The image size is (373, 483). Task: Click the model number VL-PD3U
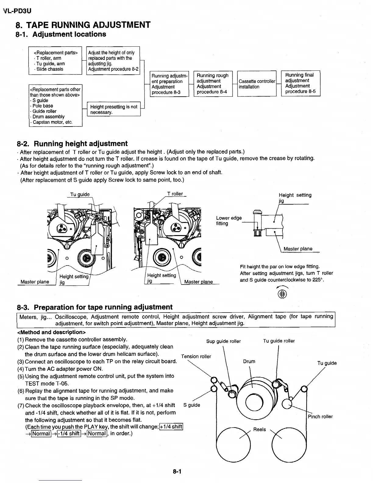tap(17, 11)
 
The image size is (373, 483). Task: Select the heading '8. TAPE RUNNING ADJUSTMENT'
tap(83, 25)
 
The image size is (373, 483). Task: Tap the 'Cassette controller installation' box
tap(257, 84)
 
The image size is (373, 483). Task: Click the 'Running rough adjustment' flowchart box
tap(213, 84)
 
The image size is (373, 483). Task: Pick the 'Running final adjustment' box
tap(300, 83)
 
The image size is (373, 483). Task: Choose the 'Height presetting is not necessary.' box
tap(114, 109)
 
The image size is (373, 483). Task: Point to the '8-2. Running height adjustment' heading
tap(72, 144)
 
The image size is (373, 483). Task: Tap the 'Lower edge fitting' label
tap(229, 220)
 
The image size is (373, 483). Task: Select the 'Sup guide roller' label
tap(223, 341)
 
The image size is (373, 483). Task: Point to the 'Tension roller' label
tap(196, 356)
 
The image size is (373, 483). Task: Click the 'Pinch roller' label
tap(320, 417)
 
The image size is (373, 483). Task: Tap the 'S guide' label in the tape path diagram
tap(192, 405)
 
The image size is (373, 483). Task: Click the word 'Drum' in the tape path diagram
tap(249, 361)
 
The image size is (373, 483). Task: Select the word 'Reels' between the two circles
tap(260, 429)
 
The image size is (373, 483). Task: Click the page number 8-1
tap(177, 471)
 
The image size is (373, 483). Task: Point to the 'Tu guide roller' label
tap(279, 341)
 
